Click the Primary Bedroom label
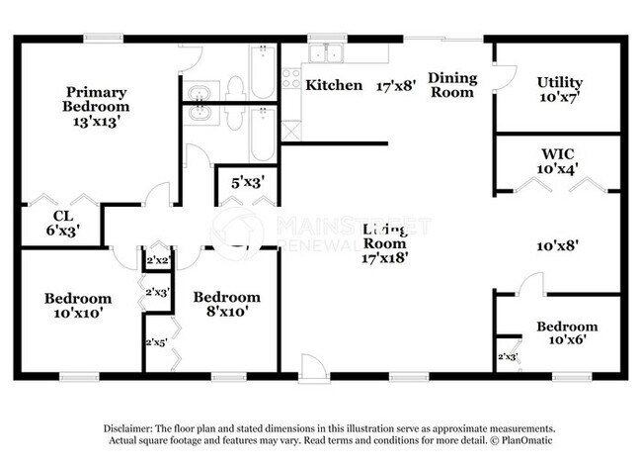[x=96, y=98]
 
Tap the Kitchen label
[x=334, y=85]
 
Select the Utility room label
[x=560, y=82]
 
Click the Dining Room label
[x=452, y=85]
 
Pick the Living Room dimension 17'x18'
[x=385, y=257]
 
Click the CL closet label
[x=63, y=216]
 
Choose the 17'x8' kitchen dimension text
[x=397, y=86]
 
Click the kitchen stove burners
[x=291, y=78]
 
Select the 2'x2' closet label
[x=158, y=261]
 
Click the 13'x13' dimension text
[x=96, y=122]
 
